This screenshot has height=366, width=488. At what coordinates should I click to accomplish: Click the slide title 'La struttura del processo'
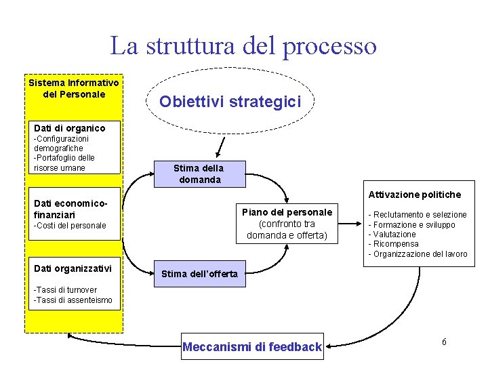243,46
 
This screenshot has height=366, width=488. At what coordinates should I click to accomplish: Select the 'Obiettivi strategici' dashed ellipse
229,101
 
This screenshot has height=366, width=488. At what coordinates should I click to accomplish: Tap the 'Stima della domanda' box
198,174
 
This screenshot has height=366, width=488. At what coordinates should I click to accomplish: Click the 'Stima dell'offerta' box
199,274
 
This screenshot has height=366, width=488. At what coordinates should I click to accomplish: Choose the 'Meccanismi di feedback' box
251,347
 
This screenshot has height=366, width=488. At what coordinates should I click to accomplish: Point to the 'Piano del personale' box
287,224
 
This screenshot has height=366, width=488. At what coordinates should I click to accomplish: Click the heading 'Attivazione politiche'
414,195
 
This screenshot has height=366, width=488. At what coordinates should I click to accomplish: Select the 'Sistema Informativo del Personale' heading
74,89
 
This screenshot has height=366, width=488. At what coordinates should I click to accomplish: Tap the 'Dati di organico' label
70,127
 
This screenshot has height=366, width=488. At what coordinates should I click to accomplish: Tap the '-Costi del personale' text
70,226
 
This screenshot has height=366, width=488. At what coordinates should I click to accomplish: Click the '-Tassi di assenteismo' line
73,300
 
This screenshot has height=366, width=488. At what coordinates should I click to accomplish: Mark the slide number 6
444,342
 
